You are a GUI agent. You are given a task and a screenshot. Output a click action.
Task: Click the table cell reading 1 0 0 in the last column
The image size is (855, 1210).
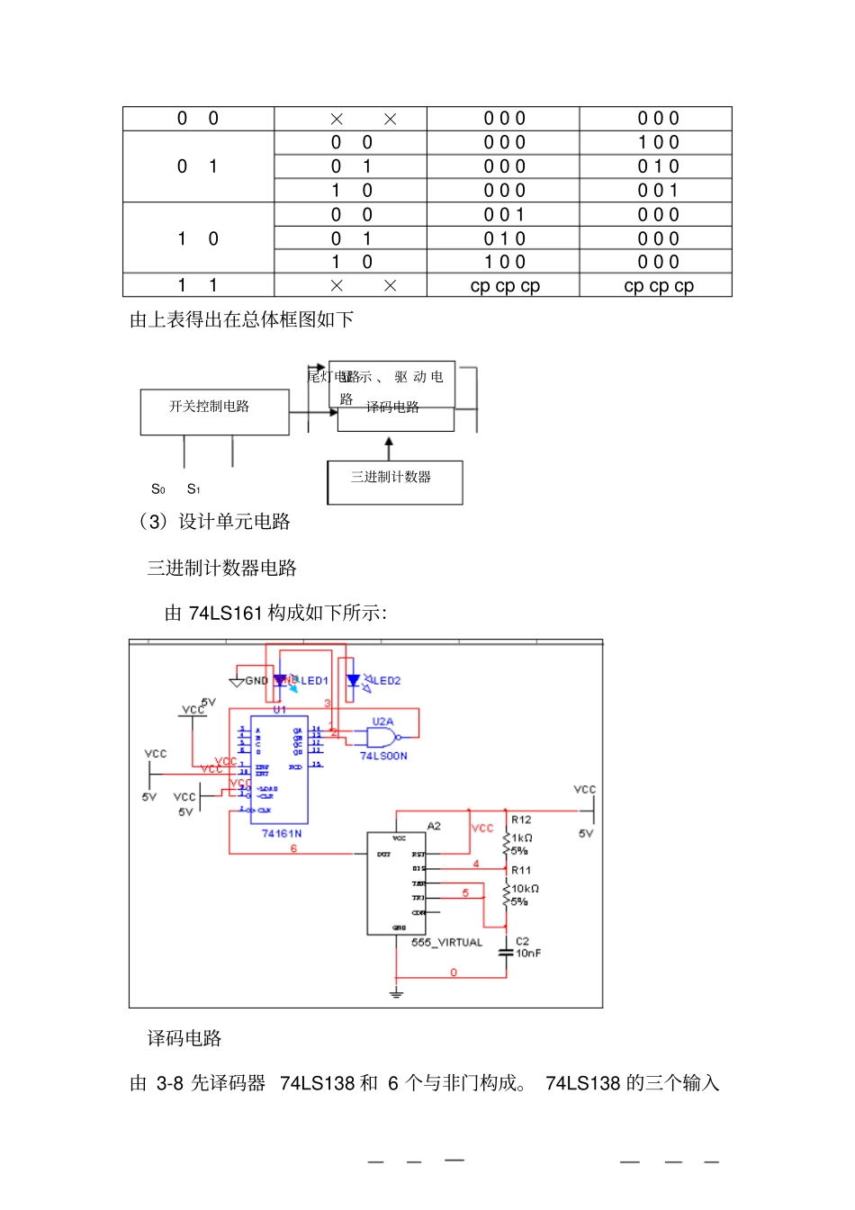tap(658, 143)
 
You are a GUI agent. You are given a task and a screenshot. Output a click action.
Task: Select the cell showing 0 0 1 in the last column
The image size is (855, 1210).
tap(658, 191)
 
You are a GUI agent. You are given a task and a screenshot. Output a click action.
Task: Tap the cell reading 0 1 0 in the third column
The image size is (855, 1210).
tap(504, 239)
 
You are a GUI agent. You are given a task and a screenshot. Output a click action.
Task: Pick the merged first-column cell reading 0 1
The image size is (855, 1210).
tap(198, 166)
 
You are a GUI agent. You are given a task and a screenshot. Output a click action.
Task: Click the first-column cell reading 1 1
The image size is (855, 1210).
tap(198, 285)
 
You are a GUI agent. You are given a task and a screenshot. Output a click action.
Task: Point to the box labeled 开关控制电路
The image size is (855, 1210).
tap(214, 411)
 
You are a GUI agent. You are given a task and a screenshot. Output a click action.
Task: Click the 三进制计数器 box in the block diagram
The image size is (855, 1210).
tap(394, 481)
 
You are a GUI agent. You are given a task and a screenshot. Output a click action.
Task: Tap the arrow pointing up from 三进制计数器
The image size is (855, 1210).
tap(389, 446)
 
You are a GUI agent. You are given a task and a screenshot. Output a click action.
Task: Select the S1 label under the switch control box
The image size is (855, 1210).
tap(193, 489)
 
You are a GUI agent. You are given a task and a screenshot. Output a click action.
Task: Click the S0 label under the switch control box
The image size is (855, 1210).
tap(158, 489)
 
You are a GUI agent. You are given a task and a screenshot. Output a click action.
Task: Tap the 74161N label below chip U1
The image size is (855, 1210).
tap(282, 834)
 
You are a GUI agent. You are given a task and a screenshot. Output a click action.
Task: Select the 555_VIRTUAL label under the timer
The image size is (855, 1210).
tap(446, 943)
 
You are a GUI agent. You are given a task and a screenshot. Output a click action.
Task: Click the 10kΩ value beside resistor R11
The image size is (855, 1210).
tap(526, 889)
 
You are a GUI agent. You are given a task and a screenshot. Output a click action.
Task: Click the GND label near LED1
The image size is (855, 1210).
tap(256, 681)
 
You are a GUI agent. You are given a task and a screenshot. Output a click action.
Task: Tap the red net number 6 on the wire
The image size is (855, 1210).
tap(293, 848)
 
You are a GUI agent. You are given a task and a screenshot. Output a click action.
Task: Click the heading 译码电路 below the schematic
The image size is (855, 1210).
tap(184, 1038)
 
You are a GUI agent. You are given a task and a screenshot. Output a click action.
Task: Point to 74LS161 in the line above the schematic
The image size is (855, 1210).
tap(225, 614)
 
